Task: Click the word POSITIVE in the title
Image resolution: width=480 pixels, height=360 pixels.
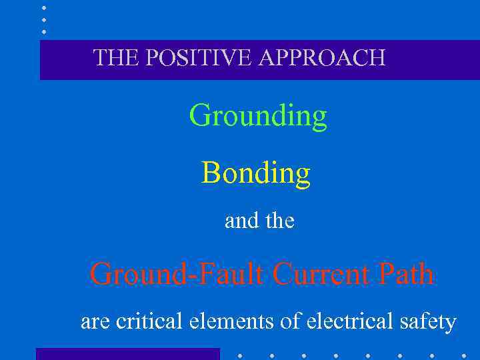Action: click(x=197, y=58)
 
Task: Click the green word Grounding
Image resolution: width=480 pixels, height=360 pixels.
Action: click(x=258, y=116)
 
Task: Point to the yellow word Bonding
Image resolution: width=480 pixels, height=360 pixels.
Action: click(x=256, y=173)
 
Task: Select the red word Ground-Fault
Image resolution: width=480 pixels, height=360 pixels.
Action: click(x=178, y=274)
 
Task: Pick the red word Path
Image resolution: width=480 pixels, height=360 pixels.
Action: click(x=407, y=274)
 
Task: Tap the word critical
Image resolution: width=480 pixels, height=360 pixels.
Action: click(x=151, y=322)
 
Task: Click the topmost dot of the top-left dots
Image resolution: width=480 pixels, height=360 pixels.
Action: click(x=44, y=8)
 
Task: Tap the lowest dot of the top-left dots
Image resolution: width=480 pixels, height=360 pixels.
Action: click(x=44, y=31)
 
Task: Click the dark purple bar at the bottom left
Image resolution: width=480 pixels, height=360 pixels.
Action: click(x=127, y=354)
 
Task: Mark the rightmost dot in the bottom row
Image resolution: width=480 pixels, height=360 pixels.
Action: click(x=464, y=355)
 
